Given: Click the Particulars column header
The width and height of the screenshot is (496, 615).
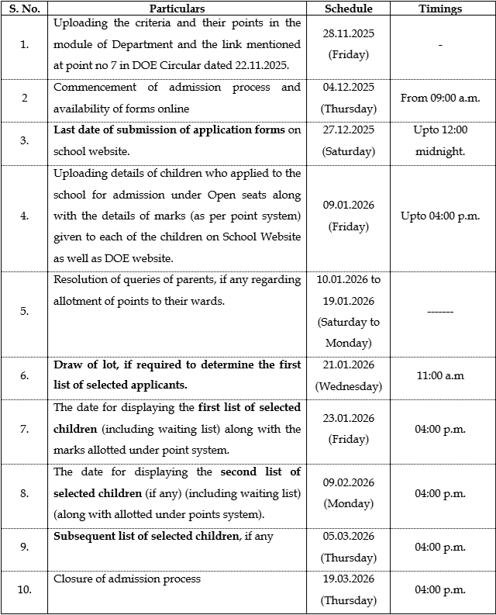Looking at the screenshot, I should tap(177, 9).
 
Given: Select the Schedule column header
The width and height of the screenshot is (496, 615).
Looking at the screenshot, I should tap(348, 9).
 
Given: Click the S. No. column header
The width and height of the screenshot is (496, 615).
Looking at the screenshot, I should tap(24, 9).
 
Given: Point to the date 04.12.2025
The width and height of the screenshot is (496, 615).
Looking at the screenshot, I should tap(348, 88).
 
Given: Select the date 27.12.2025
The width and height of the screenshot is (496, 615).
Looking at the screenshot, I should tap(348, 130).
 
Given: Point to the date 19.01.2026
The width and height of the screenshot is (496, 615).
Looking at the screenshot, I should tap(348, 300).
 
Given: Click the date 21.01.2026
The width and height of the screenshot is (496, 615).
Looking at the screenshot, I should tap(348, 365).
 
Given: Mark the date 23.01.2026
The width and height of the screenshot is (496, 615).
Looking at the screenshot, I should tap(348, 418).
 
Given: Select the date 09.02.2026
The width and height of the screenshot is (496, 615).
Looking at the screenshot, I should tap(348, 482).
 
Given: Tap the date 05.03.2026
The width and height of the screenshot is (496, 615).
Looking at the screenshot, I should tap(348, 537).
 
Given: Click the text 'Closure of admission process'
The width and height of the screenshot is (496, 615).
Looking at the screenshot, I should tap(127, 579).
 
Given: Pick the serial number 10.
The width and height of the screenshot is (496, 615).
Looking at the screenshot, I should tap(24, 589).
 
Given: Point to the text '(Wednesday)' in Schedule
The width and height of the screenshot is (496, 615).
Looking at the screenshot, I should tap(348, 386).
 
